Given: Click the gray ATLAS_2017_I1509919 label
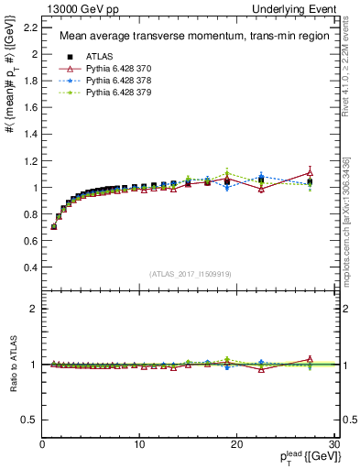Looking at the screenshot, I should pos(190,273).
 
